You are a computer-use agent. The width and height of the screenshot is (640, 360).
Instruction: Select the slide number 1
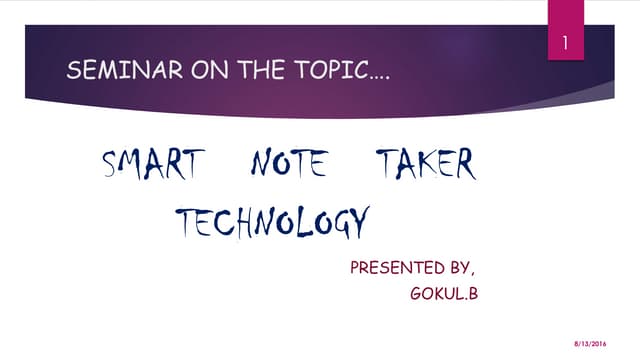point(566,44)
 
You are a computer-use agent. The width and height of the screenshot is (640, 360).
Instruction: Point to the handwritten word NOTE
point(288,164)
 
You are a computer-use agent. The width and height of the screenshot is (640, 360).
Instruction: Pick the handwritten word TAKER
point(426,164)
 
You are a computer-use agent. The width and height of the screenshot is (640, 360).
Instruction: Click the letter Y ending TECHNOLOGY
point(360,223)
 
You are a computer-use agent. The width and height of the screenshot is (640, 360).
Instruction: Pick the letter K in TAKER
point(430,164)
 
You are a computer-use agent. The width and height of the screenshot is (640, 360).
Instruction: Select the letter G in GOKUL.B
point(417,294)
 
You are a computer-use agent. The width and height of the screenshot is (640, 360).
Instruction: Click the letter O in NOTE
point(278,165)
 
